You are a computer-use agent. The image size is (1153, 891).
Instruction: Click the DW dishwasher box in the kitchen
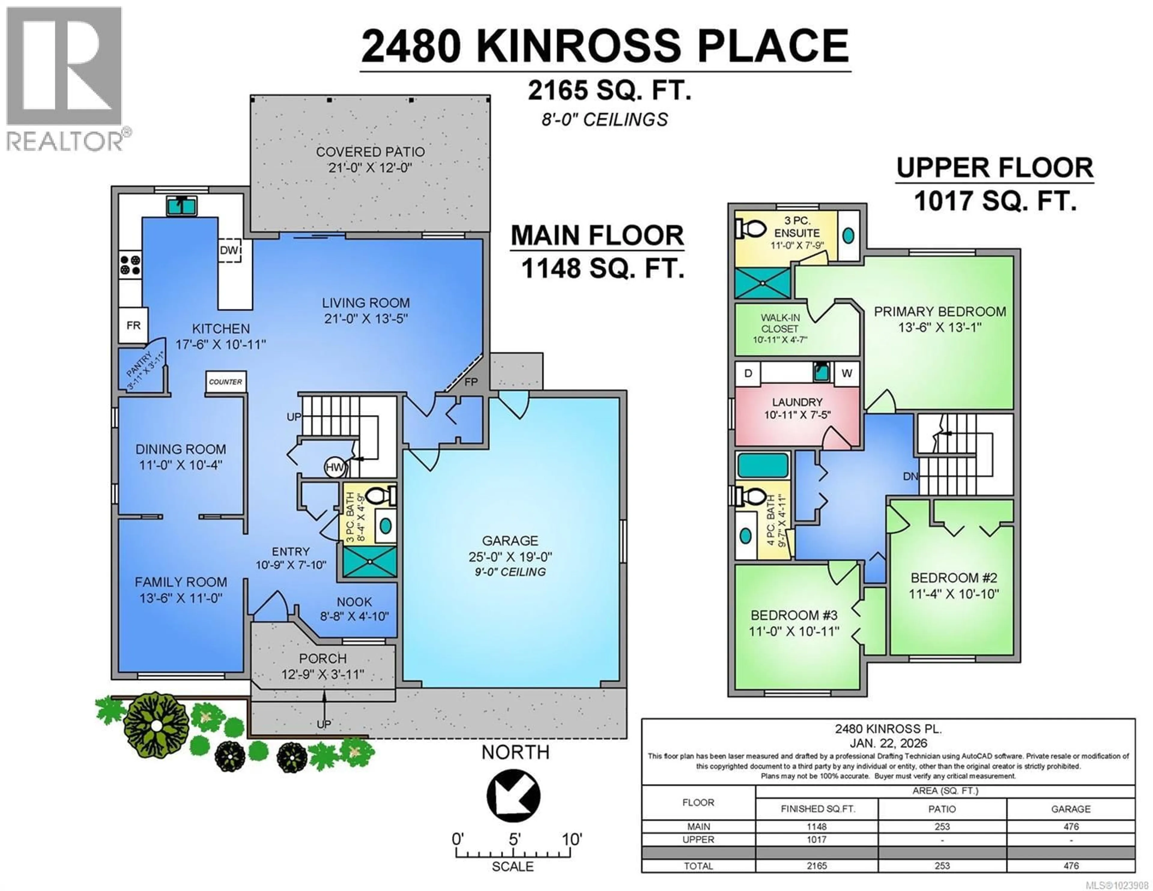click(230, 250)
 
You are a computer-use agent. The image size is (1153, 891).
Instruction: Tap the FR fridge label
click(133, 325)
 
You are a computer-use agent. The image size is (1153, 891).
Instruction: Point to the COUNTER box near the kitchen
click(225, 381)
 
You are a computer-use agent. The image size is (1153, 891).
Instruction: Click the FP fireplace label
click(471, 382)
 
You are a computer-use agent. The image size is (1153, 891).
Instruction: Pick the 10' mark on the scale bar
click(571, 840)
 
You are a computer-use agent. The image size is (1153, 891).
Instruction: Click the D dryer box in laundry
click(748, 373)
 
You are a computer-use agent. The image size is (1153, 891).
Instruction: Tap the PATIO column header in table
click(942, 809)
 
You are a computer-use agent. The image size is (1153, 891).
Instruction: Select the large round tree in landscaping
click(156, 725)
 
